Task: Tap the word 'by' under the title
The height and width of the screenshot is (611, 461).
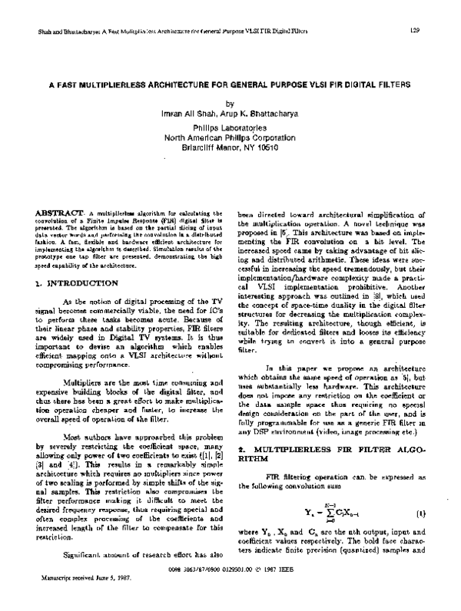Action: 228,103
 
